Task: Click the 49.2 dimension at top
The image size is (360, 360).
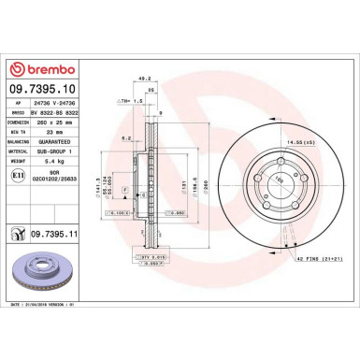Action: [144, 79]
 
